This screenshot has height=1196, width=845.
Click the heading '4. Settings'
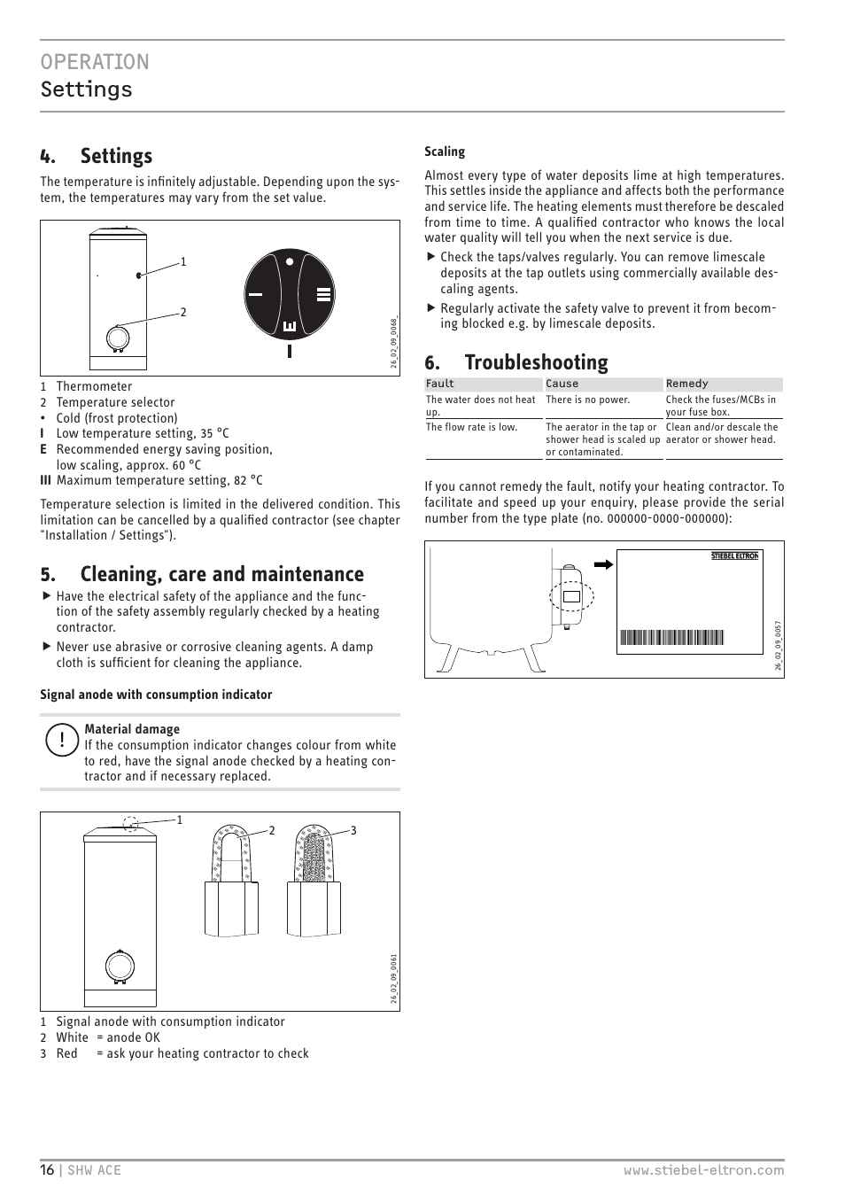point(97,156)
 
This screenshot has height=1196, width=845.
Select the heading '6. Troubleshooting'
point(516,362)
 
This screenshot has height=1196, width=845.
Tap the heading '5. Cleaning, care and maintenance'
point(202,574)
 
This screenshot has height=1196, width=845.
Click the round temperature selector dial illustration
point(290,293)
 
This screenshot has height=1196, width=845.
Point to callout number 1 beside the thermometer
point(183,261)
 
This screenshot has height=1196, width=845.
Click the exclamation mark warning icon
point(62,740)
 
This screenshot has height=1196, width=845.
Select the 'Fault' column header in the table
point(440,384)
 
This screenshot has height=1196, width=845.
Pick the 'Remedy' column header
point(687,384)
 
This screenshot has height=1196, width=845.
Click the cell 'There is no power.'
point(587,400)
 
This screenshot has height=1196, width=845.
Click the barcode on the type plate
point(672,637)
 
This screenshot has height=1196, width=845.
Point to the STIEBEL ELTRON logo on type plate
point(734,556)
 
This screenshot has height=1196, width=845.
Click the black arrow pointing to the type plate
point(604,564)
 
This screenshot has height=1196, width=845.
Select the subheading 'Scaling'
point(445,151)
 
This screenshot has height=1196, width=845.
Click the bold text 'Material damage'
point(132,729)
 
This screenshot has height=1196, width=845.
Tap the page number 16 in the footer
point(47,1169)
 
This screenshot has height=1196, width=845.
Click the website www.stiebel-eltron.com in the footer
point(703,1169)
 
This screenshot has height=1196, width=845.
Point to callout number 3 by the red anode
point(353,830)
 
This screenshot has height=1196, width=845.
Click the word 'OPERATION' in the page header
point(95,62)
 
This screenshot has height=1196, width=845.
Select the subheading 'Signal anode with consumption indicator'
point(156,695)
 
